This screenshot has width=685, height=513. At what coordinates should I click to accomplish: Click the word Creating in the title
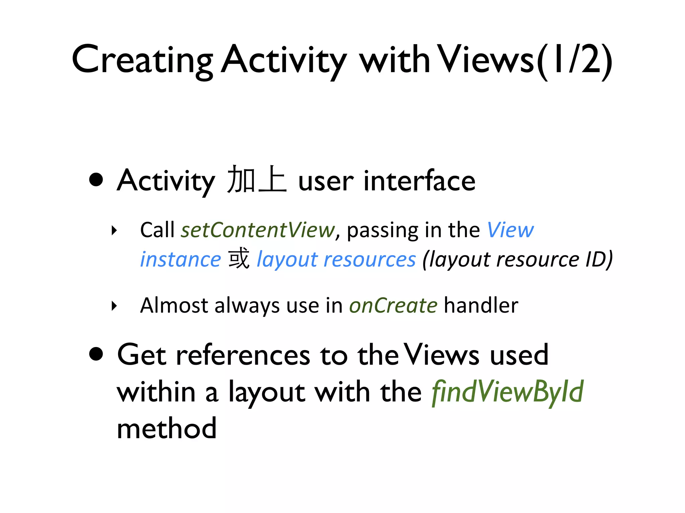(142, 60)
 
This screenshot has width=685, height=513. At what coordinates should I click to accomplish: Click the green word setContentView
(258, 230)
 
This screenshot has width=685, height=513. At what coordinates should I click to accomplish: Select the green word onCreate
(393, 305)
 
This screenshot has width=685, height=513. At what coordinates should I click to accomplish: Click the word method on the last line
(167, 429)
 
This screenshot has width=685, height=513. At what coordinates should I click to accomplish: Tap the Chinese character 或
(239, 259)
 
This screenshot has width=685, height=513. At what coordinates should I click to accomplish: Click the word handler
(481, 305)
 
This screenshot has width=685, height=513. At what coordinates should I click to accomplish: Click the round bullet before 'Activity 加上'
(96, 179)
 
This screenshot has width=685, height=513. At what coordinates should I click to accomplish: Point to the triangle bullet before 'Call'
(114, 230)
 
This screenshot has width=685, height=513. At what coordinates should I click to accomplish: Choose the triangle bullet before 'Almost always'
(114, 306)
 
